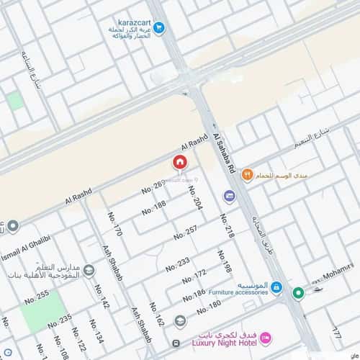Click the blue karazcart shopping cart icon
(159, 28)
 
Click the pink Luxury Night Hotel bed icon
(265, 337)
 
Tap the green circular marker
(298, 292)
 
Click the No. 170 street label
(115, 223)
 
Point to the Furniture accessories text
(240, 293)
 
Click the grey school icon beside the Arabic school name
(89, 271)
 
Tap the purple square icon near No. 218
(229, 196)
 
